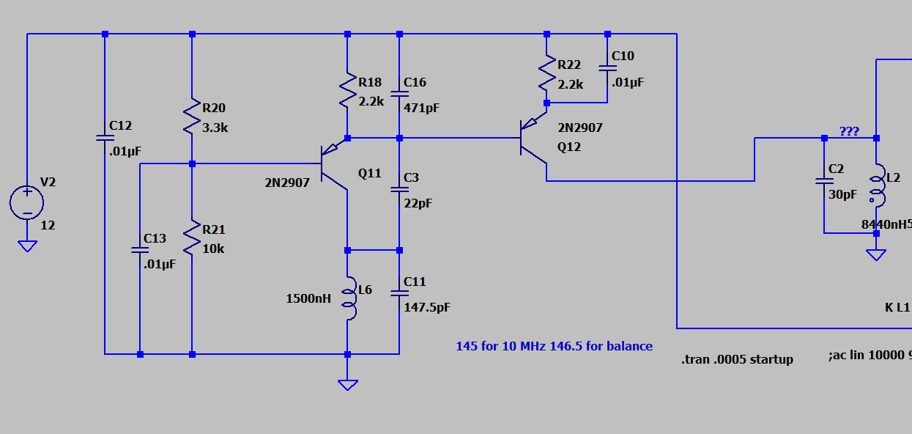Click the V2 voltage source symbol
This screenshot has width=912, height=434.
[27, 202]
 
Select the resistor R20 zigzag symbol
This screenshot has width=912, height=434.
[191, 117]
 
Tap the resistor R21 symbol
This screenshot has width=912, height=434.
[191, 238]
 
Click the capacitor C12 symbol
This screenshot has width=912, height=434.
[105, 138]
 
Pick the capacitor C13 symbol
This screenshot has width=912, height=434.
[139, 250]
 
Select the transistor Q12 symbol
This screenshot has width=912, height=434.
[533, 139]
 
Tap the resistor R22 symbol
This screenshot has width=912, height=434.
[546, 74]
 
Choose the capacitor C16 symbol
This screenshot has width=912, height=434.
[399, 94]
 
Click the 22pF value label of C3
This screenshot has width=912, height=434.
[418, 203]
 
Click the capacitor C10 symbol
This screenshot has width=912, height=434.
[607, 68]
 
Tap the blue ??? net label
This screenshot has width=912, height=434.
[849, 131]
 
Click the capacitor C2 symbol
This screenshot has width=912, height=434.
[824, 181]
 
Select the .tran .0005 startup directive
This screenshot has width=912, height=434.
[737, 359]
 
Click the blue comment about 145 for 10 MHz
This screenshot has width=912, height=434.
[554, 346]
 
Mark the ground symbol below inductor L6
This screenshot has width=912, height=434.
[347, 384]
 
